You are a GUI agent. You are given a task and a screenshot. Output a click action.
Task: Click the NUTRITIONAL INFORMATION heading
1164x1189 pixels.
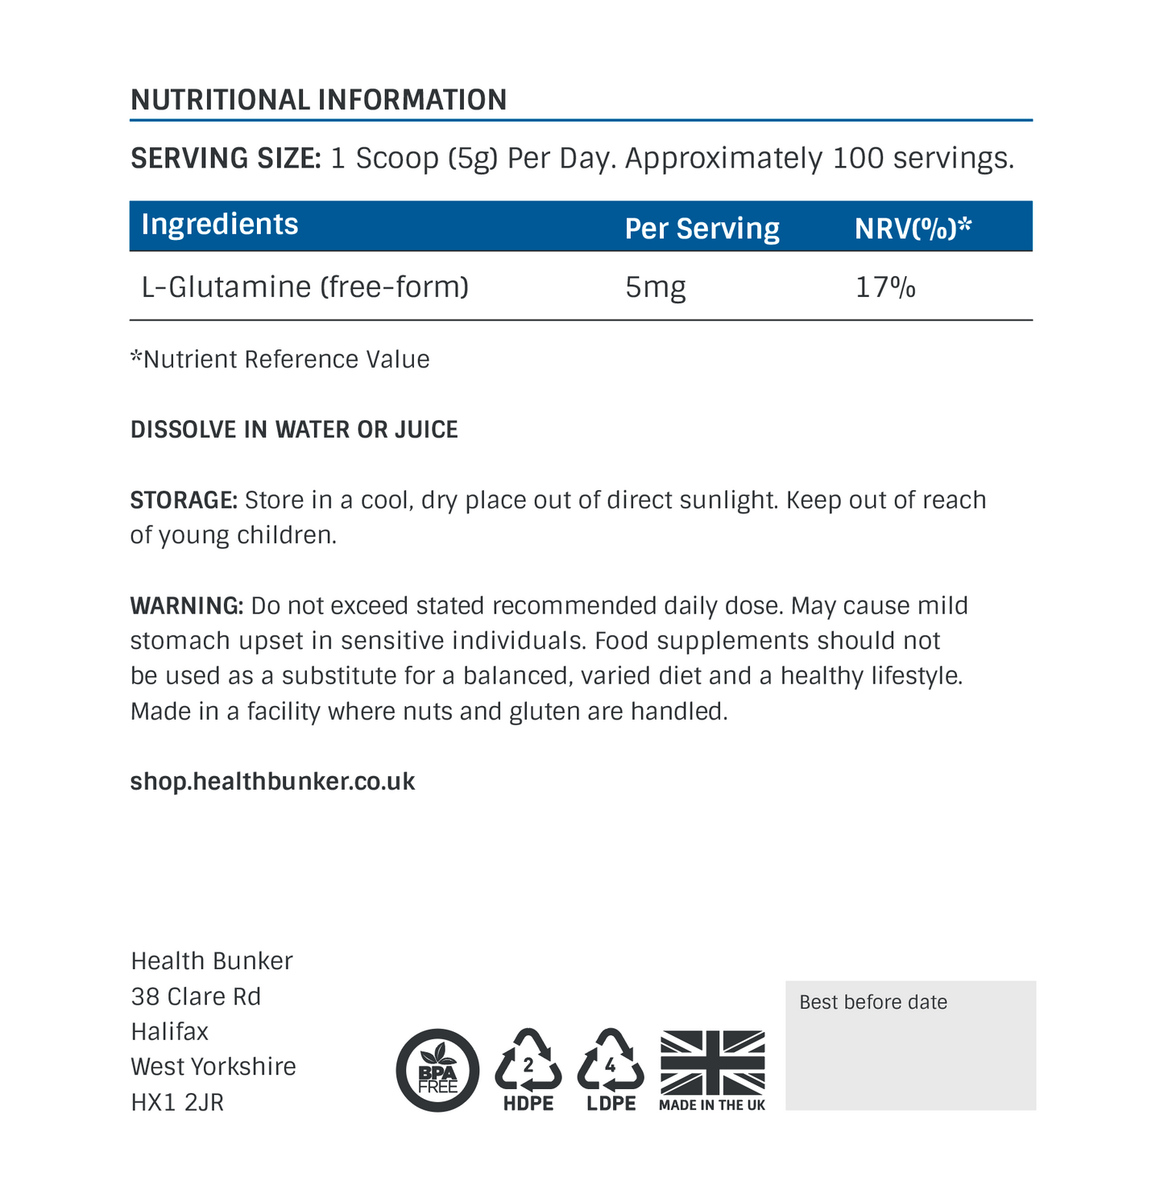click(x=318, y=100)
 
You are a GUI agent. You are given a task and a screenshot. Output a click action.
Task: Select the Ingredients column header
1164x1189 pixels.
click(x=219, y=225)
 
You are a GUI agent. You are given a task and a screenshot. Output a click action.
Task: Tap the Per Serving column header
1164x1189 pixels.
click(x=702, y=229)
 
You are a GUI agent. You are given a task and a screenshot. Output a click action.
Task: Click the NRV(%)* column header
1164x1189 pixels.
click(x=913, y=229)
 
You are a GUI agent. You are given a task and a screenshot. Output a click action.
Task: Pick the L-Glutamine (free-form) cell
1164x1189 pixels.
click(x=304, y=287)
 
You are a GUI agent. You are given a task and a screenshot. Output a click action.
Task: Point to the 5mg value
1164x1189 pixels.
click(x=655, y=287)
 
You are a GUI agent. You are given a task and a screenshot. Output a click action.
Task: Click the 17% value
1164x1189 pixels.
click(x=884, y=287)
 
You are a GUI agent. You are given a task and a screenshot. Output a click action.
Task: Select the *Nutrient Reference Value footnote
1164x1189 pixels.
click(x=280, y=359)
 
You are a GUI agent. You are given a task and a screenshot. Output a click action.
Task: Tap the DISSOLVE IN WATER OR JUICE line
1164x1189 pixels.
click(x=294, y=430)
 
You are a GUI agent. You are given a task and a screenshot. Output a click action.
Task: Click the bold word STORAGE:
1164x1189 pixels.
click(x=184, y=501)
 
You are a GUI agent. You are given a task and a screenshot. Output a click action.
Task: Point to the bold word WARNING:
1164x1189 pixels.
click(x=186, y=606)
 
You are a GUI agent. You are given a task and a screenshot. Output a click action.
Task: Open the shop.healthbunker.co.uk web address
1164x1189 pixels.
click(x=272, y=782)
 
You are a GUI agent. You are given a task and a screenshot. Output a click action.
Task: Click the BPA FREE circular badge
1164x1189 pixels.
click(x=437, y=1071)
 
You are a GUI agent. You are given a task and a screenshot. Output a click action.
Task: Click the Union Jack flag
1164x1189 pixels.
click(x=712, y=1062)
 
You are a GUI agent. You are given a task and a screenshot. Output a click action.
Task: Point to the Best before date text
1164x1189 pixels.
click(x=872, y=1003)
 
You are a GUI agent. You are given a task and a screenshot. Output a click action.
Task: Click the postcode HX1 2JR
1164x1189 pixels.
click(x=177, y=1102)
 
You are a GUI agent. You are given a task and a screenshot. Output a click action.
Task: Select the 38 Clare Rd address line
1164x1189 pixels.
click(x=196, y=997)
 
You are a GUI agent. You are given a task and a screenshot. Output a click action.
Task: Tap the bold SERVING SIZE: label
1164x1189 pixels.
click(x=226, y=159)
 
